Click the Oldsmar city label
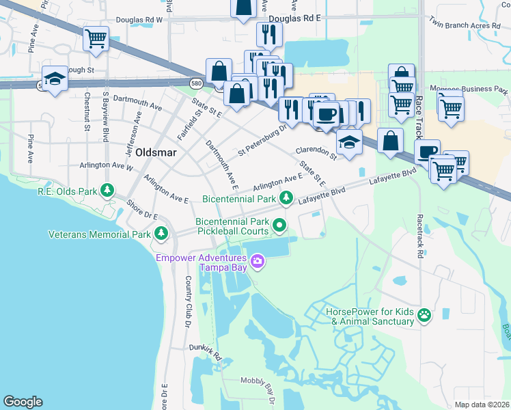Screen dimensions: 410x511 [158, 152]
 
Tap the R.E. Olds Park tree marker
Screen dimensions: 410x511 [107, 189]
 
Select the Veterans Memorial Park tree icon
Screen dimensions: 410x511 [161, 234]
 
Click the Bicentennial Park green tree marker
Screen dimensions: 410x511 [287, 199]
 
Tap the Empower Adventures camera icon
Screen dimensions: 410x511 [258, 260]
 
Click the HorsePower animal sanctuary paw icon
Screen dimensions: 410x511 [424, 315]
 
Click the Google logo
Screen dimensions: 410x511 [23, 402]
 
